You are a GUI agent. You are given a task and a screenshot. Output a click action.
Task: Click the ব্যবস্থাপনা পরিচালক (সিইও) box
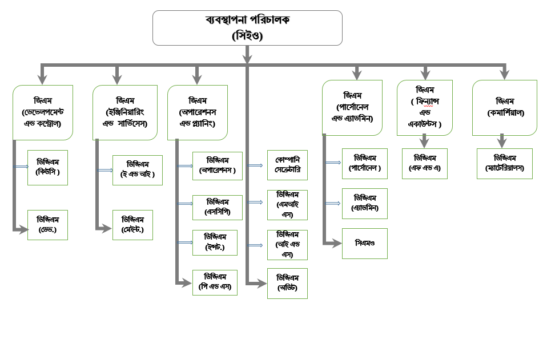pos(247,27)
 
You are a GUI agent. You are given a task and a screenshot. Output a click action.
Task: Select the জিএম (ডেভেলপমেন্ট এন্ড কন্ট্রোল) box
pos(43,112)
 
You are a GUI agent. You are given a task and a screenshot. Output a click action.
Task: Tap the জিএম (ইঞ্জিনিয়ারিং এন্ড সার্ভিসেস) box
pos(125,112)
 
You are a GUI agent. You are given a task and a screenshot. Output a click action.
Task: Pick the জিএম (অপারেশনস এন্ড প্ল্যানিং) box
pos(198,112)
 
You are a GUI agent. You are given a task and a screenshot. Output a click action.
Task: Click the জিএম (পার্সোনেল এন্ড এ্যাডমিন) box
pos(352,107)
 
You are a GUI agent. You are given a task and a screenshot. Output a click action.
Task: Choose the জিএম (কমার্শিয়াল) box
pos(502,107)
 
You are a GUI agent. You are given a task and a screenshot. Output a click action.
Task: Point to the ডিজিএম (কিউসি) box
pos(47,167)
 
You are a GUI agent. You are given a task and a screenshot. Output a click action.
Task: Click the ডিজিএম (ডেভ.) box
pos(47,225)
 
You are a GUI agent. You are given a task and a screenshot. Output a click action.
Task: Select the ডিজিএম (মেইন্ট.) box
pos(132,225)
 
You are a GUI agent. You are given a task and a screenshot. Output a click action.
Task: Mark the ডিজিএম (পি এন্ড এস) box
pos(215,282)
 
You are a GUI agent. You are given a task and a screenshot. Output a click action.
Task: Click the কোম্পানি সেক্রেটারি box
pos(287,165)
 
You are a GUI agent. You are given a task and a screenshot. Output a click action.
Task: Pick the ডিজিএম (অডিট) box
pos(287,282)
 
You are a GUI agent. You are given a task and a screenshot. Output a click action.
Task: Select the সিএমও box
pos(364,243)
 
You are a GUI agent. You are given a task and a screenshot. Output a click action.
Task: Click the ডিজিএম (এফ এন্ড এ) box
pos(424,163)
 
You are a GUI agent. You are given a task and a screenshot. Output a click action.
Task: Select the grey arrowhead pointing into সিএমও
pos(336,243)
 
